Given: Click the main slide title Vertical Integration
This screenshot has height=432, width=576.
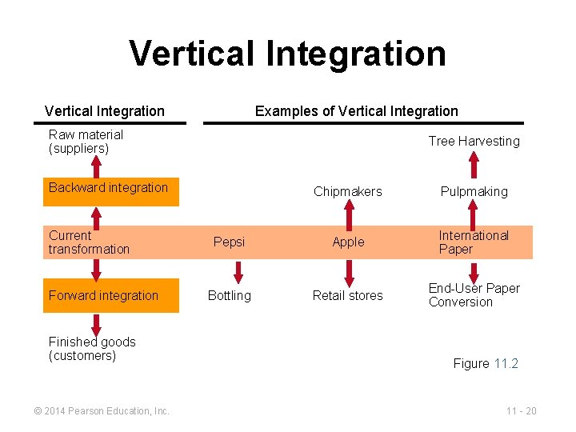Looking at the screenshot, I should pyautogui.click(x=287, y=54).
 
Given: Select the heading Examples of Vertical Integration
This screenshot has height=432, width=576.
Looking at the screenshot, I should pyautogui.click(x=356, y=111).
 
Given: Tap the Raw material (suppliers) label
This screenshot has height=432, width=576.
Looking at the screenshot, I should pyautogui.click(x=86, y=142).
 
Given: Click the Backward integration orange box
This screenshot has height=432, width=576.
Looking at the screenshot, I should pyautogui.click(x=110, y=189).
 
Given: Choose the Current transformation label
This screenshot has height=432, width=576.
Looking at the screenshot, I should pyautogui.click(x=89, y=242).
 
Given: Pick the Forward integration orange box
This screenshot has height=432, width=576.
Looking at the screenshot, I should pyautogui.click(x=110, y=295).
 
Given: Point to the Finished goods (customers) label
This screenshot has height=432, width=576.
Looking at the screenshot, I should pyautogui.click(x=92, y=349).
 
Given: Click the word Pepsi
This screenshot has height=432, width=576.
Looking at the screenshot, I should pyautogui.click(x=229, y=242).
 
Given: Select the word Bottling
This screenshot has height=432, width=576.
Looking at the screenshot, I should pyautogui.click(x=229, y=295).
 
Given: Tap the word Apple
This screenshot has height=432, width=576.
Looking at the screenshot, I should pyautogui.click(x=348, y=242).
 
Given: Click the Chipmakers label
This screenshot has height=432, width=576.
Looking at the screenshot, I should pyautogui.click(x=348, y=191).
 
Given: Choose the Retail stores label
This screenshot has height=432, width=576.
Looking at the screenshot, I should pyautogui.click(x=348, y=295).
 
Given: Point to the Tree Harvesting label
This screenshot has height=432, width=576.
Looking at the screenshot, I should pyautogui.click(x=474, y=141).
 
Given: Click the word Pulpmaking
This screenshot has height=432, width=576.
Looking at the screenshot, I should pyautogui.click(x=474, y=191).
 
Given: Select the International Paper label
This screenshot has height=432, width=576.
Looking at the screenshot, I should pyautogui.click(x=473, y=242).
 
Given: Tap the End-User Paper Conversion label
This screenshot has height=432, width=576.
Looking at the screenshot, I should pyautogui.click(x=474, y=295).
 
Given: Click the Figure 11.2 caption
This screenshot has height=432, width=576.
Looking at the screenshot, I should pyautogui.click(x=486, y=363).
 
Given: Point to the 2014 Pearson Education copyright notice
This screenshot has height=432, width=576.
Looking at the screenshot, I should pyautogui.click(x=102, y=411).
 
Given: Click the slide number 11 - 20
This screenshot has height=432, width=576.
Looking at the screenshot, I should pyautogui.click(x=521, y=411).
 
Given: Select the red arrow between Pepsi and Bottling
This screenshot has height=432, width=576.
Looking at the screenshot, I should pyautogui.click(x=230, y=270).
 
